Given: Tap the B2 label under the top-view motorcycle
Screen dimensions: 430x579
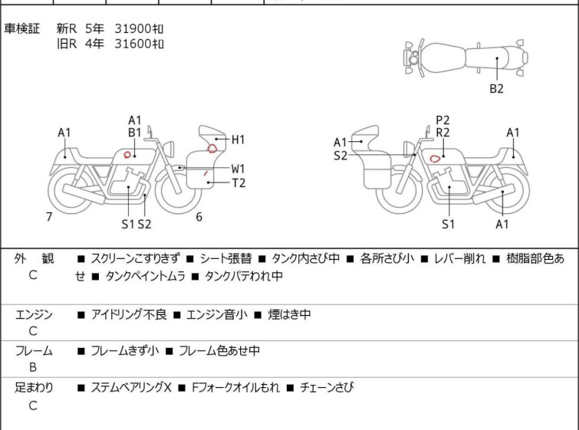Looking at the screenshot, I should [x=496, y=89].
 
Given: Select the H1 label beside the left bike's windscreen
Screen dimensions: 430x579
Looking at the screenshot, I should [x=238, y=140].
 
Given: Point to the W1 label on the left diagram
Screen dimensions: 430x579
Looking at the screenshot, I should [x=239, y=169].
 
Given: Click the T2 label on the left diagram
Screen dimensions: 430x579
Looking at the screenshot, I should [x=239, y=182].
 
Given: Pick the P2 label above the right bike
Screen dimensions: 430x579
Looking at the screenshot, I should [x=442, y=120].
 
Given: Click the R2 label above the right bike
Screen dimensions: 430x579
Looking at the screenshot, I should [x=442, y=132].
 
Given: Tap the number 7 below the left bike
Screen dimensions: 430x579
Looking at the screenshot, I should [x=49, y=217].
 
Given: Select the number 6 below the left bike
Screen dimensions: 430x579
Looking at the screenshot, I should [x=199, y=217].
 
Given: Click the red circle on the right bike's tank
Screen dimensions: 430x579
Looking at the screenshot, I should [x=435, y=159].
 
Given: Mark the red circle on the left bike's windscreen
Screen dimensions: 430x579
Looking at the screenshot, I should [x=212, y=148].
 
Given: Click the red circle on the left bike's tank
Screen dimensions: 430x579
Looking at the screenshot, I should [x=127, y=155].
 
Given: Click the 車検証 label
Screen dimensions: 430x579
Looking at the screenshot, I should [x=23, y=29].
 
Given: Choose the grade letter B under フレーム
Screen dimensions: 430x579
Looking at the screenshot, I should [x=32, y=366].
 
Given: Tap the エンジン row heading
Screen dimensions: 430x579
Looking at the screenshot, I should [x=34, y=315].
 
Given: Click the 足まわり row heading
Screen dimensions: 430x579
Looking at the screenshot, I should [x=34, y=388].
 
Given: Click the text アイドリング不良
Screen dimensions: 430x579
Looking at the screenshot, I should [x=124, y=315].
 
